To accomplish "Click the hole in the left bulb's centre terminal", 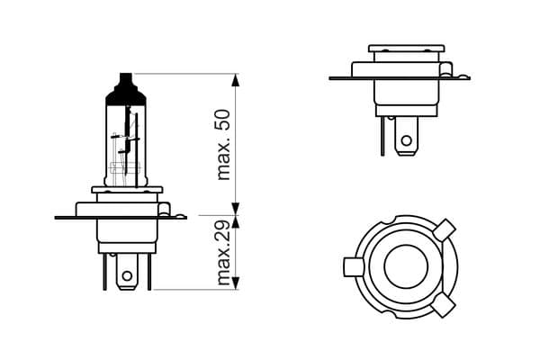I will point(128,274).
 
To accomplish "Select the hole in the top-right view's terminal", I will point(406,140).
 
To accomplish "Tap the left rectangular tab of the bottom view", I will point(352,267).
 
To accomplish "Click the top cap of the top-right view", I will point(407,47).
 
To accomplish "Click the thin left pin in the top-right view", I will point(383,135).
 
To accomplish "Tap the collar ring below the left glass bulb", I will point(126,192).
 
